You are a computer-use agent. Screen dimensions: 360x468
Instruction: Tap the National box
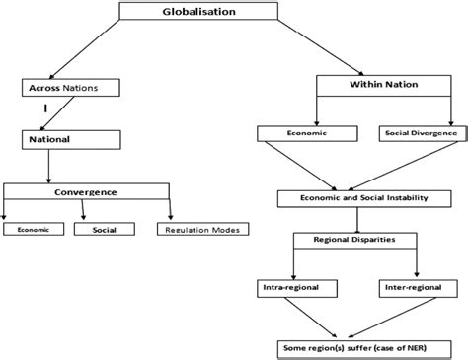click(48, 139)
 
